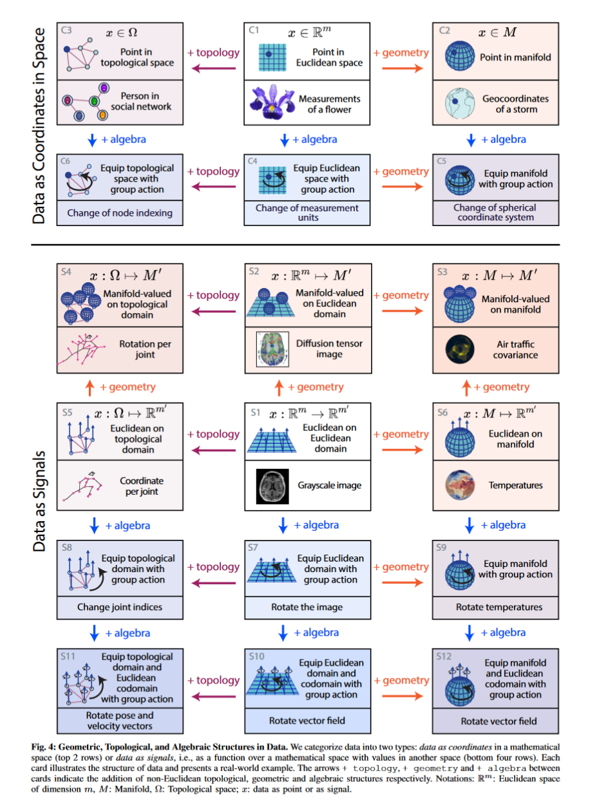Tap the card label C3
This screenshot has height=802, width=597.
click(66, 30)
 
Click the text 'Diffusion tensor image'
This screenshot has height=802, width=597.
click(329, 349)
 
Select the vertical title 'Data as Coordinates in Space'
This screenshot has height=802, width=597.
click(40, 125)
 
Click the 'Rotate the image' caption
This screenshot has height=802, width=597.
click(307, 607)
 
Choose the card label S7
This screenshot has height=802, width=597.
click(255, 547)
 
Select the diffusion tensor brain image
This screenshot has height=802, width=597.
click(270, 349)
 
